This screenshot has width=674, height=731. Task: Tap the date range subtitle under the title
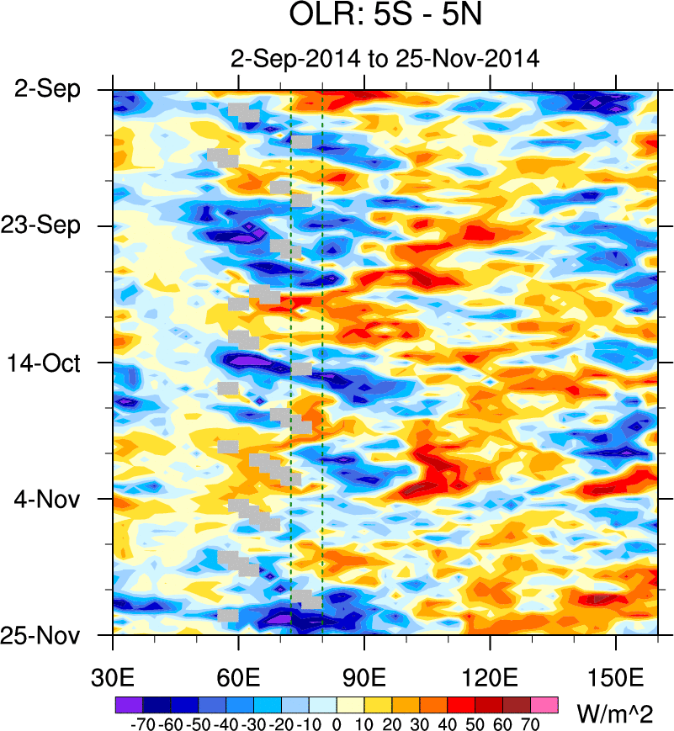coord(385,60)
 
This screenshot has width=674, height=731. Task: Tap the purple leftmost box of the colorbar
coord(127,702)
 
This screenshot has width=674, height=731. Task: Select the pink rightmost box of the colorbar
coord(545,702)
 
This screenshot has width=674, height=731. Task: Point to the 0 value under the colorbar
coord(337,723)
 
